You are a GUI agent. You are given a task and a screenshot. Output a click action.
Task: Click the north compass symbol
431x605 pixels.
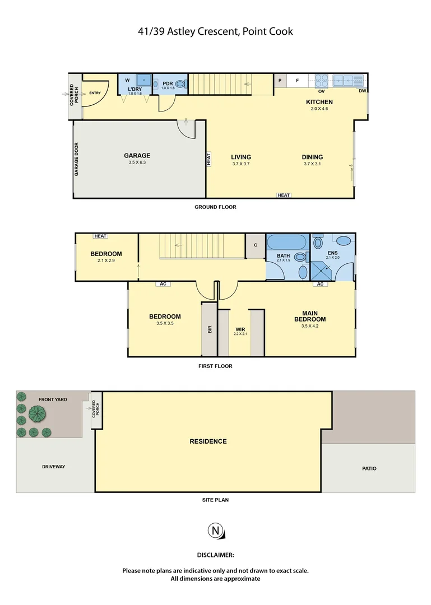click(215, 530)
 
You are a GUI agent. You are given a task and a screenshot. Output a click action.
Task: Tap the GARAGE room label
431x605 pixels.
click(137, 156)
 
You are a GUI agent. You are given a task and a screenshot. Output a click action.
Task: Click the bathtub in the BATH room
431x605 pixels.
click(286, 243)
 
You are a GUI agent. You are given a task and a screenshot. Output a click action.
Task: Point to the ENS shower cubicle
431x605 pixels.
click(323, 269)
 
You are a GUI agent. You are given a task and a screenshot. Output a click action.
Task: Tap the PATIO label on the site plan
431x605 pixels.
click(369, 468)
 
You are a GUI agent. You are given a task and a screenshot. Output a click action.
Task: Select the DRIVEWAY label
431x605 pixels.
click(54, 467)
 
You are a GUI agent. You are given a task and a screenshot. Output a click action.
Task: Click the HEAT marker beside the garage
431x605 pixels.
click(208, 159)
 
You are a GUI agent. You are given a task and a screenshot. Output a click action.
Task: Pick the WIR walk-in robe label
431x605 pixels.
click(240, 329)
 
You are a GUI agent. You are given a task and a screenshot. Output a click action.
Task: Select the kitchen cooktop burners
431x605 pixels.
click(322, 80)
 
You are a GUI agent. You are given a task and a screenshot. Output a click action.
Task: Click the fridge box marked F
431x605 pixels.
click(297, 80)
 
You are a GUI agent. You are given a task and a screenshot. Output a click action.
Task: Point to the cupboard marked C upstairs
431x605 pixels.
click(255, 245)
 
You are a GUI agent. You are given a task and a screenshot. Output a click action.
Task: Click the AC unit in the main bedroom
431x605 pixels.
click(320, 284)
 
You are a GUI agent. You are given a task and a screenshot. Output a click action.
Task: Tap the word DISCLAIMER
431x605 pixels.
click(215, 555)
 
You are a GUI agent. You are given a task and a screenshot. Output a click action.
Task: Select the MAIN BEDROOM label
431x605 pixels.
click(310, 317)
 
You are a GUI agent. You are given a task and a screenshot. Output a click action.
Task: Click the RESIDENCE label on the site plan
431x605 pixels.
click(208, 441)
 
